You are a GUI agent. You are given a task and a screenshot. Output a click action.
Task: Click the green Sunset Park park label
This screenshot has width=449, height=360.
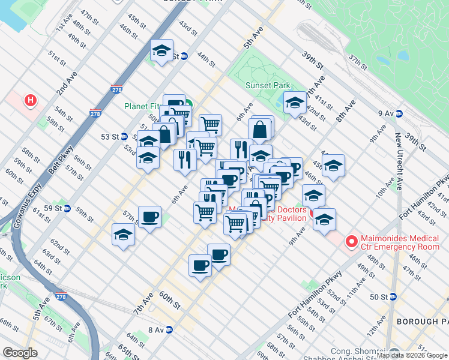[x=268, y=85]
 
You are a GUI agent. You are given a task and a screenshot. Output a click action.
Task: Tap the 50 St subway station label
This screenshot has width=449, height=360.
[x=382, y=296]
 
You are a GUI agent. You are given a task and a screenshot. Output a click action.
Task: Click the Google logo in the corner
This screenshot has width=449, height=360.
[x=20, y=353]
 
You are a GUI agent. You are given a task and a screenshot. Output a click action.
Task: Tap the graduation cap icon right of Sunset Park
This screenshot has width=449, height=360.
[x=295, y=103]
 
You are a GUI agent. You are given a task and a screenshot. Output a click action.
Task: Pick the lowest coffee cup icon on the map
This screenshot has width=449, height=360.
[x=200, y=265]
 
